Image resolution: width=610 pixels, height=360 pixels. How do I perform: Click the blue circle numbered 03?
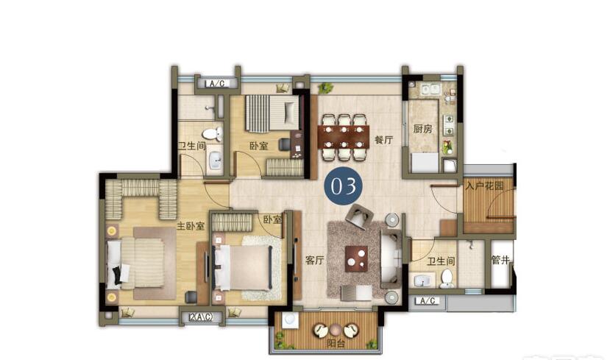344,186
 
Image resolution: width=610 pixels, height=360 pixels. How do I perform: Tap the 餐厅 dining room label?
383,140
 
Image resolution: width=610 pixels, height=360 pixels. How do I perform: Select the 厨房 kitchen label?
423,128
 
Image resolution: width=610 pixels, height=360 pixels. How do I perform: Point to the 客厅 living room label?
314,260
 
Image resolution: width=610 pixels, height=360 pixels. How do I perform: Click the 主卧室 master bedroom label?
191,226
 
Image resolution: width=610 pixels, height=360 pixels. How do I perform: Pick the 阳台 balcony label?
336,344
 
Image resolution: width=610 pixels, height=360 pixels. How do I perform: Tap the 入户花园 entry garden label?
484,186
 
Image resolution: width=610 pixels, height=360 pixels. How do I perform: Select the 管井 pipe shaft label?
500,260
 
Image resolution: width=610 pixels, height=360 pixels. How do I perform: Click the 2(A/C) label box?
201,317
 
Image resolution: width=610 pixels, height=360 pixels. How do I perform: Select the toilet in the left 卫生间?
213,134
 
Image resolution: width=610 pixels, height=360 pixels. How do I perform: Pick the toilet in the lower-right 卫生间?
447,278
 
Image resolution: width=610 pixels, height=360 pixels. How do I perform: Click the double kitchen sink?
430,90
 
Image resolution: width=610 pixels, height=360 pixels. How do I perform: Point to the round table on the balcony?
336,331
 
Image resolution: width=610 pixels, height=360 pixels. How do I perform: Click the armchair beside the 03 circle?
361,216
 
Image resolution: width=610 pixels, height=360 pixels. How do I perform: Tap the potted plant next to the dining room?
325,88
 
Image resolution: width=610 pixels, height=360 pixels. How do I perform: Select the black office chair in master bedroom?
191,297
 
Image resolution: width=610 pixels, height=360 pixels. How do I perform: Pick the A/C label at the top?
217,83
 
